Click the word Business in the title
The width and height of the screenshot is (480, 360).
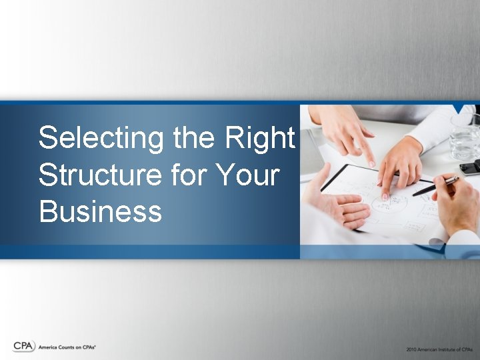click(100, 212)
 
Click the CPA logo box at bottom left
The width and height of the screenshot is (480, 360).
click(23, 346)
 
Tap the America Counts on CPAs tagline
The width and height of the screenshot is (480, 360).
click(67, 347)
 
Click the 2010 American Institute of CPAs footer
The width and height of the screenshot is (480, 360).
click(439, 349)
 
